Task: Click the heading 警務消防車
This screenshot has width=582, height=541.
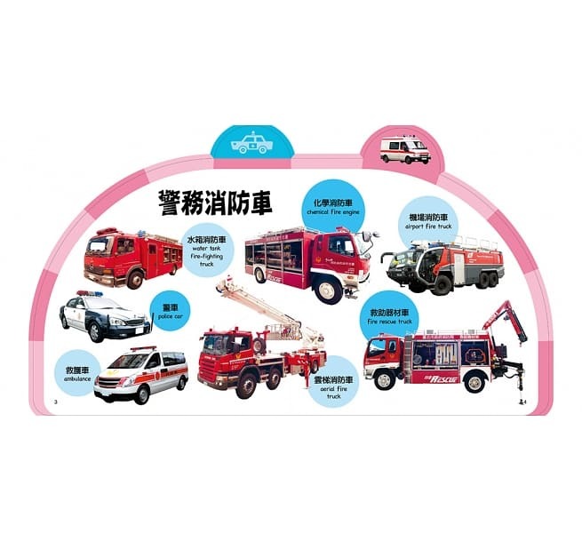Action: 214,203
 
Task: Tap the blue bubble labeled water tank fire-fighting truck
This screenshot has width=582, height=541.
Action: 207,251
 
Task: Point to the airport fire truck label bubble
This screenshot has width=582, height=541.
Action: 428,220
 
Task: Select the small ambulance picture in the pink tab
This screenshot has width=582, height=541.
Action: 404,148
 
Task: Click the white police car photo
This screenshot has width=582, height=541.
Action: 104,316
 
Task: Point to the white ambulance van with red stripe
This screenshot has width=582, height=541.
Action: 140,373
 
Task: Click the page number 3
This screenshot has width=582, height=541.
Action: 56,404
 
